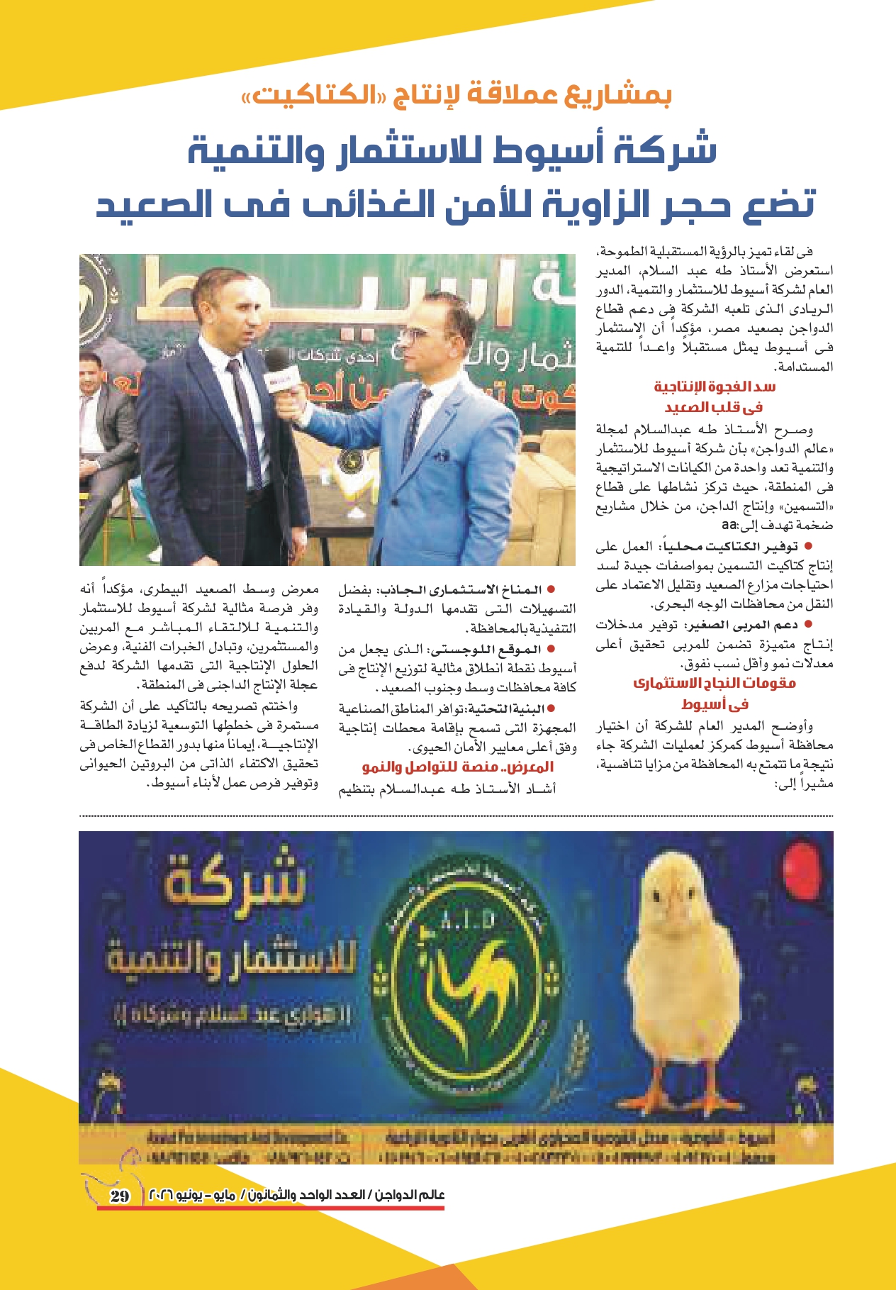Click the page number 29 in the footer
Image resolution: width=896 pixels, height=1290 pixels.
[x=120, y=1196]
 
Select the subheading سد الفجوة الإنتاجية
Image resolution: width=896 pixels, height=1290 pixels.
[x=715, y=387]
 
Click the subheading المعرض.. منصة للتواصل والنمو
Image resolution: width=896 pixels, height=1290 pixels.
[x=458, y=767]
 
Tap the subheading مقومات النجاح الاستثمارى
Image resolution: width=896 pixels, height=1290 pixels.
[x=715, y=683]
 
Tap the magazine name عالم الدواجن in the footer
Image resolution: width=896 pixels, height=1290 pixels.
[x=412, y=1195]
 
